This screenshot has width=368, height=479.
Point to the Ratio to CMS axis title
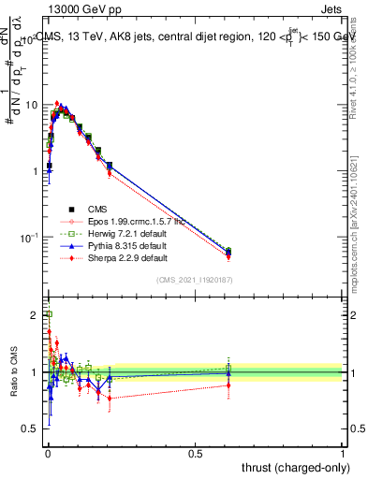(15, 372)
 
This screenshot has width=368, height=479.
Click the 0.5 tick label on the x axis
(195, 453)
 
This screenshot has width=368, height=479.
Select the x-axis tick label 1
(342, 453)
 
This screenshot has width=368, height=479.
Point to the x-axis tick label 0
(48, 453)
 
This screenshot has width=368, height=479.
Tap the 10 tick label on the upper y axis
(32, 105)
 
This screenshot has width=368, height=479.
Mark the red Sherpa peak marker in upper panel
(57, 104)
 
